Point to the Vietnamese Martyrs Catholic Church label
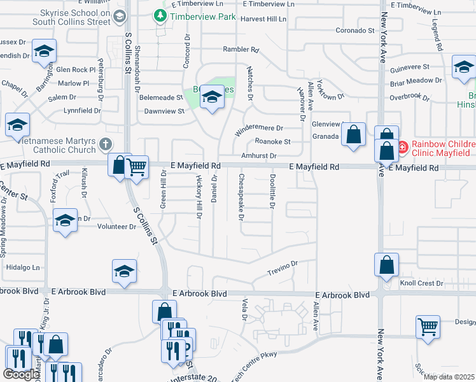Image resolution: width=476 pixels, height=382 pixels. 51,144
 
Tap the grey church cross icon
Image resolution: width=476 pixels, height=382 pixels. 106,145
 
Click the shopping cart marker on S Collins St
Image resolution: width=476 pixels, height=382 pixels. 137,167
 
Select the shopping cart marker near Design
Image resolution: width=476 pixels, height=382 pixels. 428,327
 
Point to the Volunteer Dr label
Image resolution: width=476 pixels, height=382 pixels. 117,226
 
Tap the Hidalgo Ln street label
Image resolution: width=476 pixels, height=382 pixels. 22,267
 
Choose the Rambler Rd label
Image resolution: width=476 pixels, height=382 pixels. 241,49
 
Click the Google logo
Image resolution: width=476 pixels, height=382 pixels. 21,374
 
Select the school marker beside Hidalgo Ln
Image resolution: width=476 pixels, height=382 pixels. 125,271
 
